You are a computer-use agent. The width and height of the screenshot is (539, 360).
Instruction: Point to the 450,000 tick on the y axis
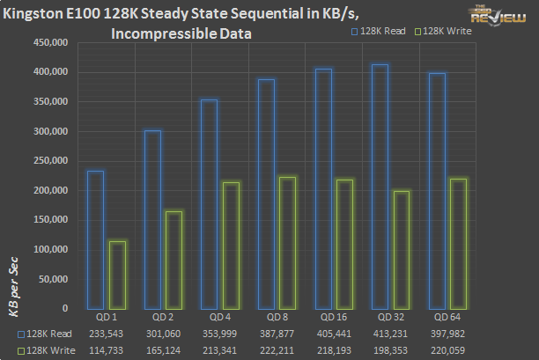coord(48,43)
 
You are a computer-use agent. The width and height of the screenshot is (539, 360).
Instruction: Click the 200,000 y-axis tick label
coord(48,190)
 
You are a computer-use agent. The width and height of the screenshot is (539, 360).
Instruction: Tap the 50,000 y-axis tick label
coord(51,279)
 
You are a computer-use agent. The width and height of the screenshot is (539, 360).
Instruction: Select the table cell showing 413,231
coord(393,334)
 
